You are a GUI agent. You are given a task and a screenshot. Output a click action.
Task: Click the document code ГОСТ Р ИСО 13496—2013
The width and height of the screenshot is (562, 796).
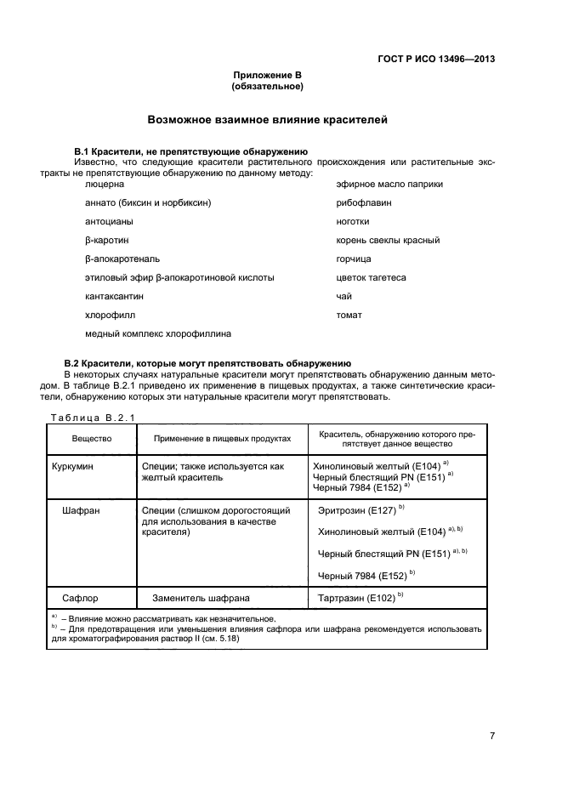tap(435, 60)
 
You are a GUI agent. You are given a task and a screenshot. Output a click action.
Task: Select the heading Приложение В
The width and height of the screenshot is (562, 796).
tap(268, 76)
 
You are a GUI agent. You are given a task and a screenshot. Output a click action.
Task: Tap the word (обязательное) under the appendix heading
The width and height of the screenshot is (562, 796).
tap(268, 87)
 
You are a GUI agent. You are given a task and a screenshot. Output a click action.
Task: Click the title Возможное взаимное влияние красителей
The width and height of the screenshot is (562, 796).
tap(268, 121)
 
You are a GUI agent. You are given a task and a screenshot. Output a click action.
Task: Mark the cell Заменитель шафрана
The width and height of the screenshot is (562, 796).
tap(200, 597)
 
